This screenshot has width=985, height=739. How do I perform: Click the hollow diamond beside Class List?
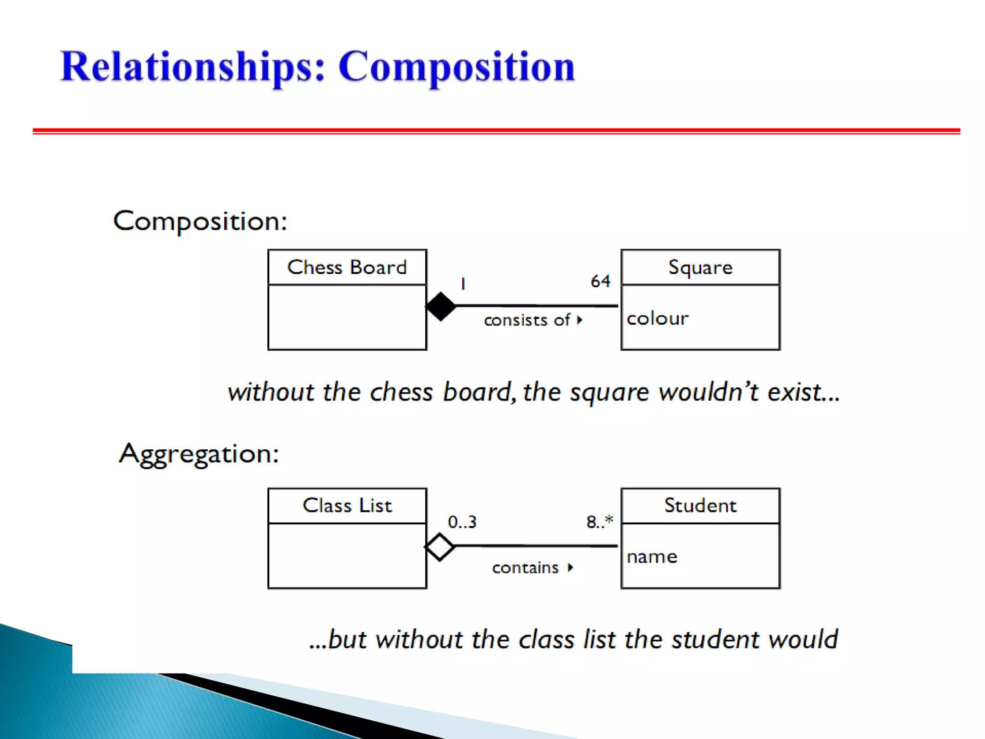pyautogui.click(x=440, y=547)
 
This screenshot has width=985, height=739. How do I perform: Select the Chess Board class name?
pyautogui.click(x=347, y=268)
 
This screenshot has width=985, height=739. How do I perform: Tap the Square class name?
pyautogui.click(x=700, y=268)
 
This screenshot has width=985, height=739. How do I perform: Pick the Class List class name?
pyautogui.click(x=347, y=506)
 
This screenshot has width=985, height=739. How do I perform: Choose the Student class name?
pyautogui.click(x=700, y=506)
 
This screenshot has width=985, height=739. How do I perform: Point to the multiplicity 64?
pyautogui.click(x=600, y=281)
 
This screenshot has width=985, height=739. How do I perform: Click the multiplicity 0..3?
pyautogui.click(x=462, y=522)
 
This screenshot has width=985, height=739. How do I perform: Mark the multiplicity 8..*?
pyautogui.click(x=600, y=522)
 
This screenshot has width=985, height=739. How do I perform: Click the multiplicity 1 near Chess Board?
pyautogui.click(x=463, y=284)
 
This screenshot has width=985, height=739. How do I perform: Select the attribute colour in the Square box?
pyautogui.click(x=657, y=319)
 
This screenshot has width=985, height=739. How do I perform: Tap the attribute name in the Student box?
pyautogui.click(x=652, y=557)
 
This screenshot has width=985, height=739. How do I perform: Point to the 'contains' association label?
pyautogui.click(x=525, y=568)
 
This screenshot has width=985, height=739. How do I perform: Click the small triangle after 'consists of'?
pyautogui.click(x=580, y=320)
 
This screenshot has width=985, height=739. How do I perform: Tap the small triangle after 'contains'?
pyautogui.click(x=570, y=568)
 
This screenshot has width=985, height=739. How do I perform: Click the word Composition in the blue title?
pyautogui.click(x=456, y=67)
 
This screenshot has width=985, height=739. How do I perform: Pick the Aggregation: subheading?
pyautogui.click(x=199, y=454)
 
